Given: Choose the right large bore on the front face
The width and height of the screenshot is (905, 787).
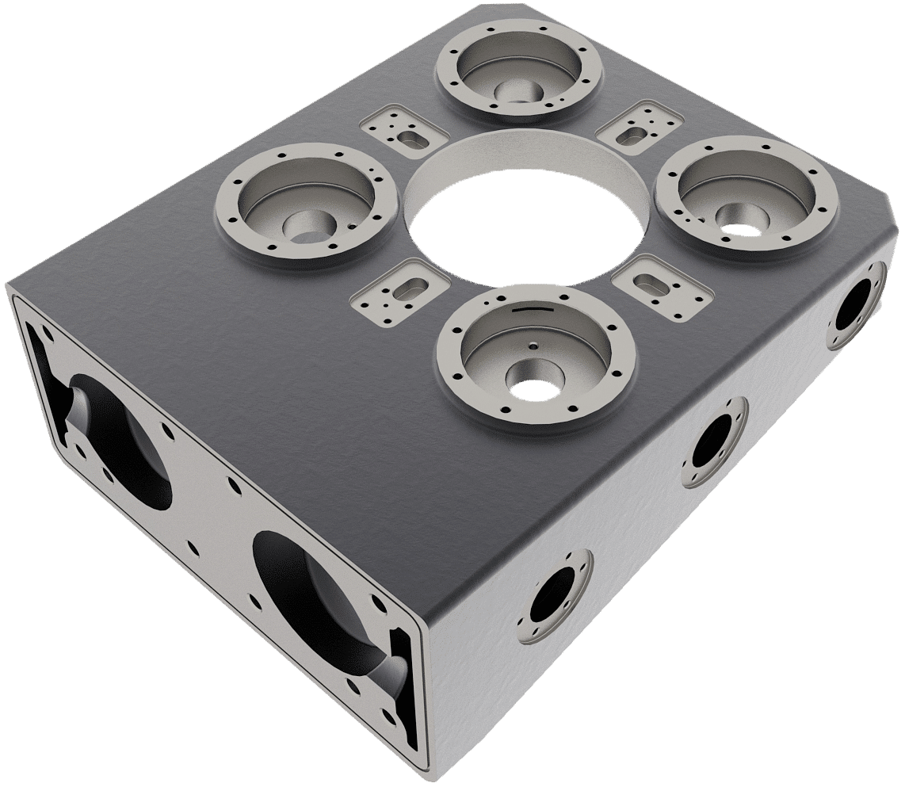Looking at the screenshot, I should click(317, 602).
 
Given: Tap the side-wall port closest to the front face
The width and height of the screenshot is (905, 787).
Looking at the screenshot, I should click(559, 596).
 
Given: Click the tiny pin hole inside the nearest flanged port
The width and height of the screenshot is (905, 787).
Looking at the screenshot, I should click(533, 345).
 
